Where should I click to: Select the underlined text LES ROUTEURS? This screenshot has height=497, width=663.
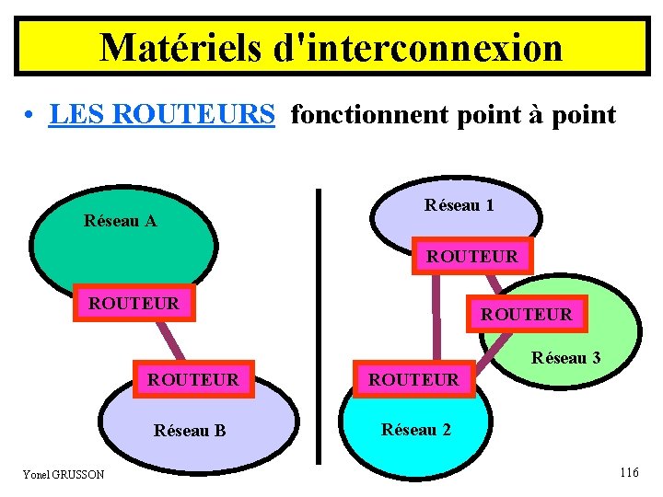pyautogui.click(x=162, y=115)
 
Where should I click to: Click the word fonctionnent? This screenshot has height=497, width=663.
pyautogui.click(x=365, y=115)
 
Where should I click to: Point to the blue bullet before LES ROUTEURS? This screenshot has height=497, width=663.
pyautogui.click(x=30, y=117)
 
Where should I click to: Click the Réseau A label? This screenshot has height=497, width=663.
pyautogui.click(x=120, y=221)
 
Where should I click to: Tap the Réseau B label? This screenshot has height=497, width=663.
pyautogui.click(x=190, y=430)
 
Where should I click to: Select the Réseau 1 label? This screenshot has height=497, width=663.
pyautogui.click(x=459, y=205)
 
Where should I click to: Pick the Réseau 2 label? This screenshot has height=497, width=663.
pyautogui.click(x=416, y=429)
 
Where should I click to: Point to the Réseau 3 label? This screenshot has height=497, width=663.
pyautogui.click(x=566, y=358)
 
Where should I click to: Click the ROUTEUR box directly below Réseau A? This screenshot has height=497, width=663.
pyautogui.click(x=134, y=302)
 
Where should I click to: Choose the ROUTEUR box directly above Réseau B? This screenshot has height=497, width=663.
pyautogui.click(x=192, y=378)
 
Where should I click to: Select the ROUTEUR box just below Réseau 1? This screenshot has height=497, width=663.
pyautogui.click(x=471, y=256)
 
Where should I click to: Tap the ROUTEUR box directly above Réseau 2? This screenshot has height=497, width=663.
pyautogui.click(x=413, y=378)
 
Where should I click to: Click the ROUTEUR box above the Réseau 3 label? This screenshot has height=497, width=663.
pyautogui.click(x=526, y=314)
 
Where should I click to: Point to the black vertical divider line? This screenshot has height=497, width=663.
pyautogui.click(x=319, y=322)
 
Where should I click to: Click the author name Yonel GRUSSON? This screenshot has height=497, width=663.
pyautogui.click(x=64, y=474)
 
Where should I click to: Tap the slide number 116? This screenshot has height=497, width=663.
pyautogui.click(x=629, y=472)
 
